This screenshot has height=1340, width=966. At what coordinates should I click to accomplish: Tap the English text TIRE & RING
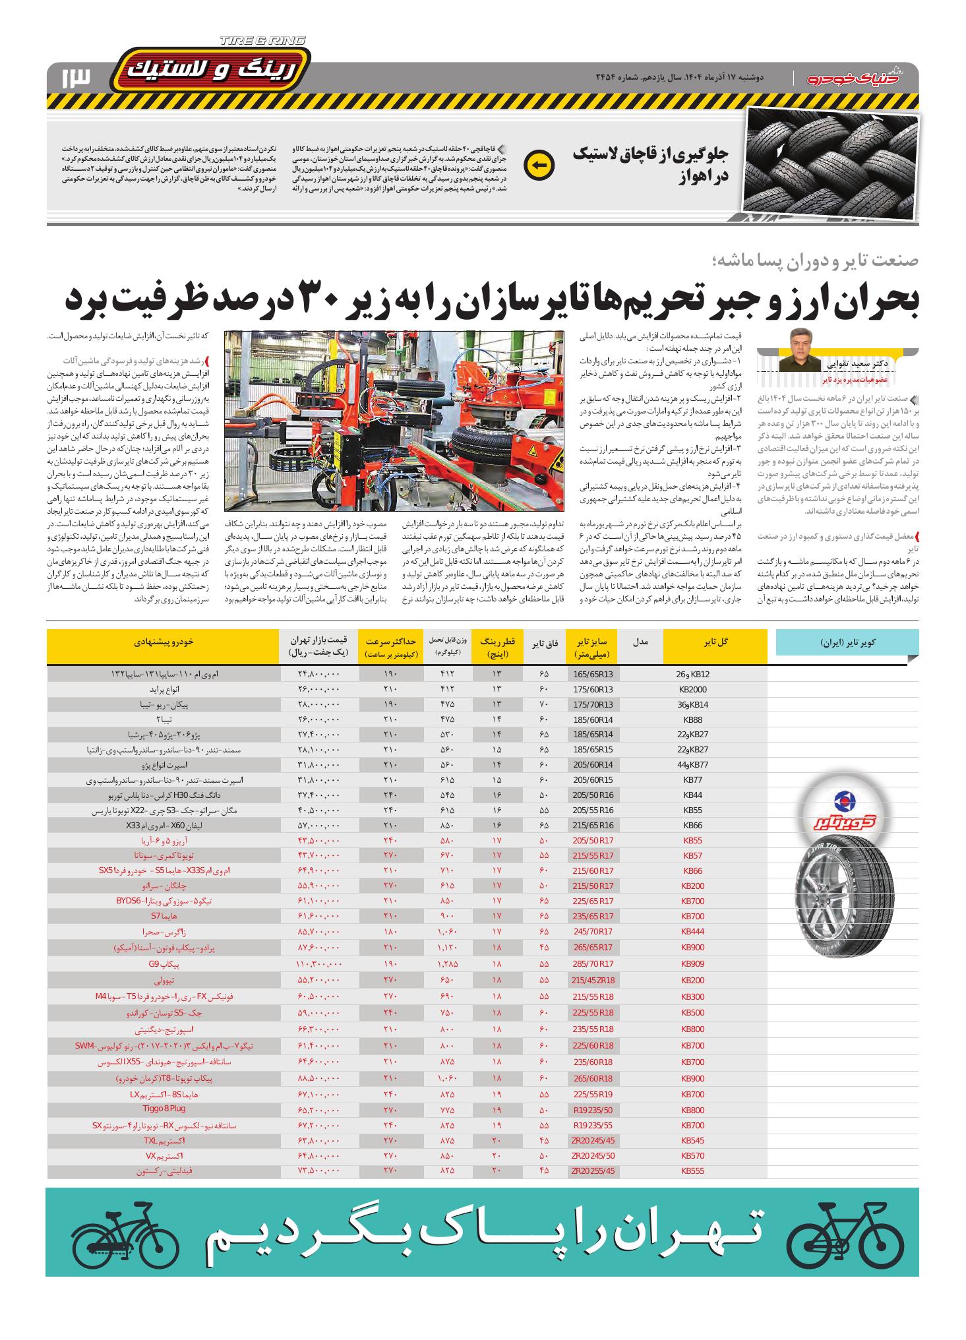(x=262, y=41)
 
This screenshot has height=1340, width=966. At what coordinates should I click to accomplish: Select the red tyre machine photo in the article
(x=394, y=421)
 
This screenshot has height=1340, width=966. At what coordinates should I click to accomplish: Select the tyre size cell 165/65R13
(x=593, y=674)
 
